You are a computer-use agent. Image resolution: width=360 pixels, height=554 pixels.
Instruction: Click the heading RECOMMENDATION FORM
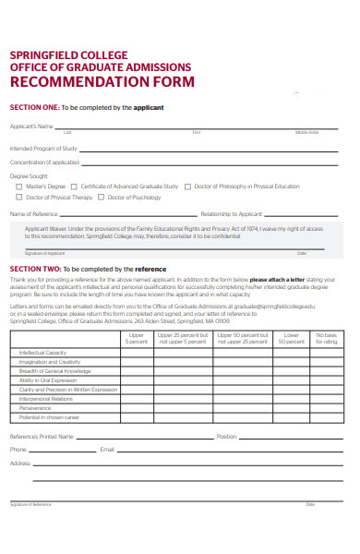point(102,82)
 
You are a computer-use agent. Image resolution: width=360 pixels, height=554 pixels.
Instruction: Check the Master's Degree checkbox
point(19,187)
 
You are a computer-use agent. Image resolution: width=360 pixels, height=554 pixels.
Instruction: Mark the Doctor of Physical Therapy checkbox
point(19,198)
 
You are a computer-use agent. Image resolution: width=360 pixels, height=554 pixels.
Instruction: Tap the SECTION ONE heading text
point(33,107)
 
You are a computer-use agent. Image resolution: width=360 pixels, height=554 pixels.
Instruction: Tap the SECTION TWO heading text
point(34,268)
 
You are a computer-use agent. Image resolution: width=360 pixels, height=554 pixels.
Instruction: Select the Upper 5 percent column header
point(136,338)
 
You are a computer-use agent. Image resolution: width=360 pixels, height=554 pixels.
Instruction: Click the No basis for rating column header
point(326,338)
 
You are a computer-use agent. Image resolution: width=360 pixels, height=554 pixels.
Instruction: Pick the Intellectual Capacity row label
point(42,352)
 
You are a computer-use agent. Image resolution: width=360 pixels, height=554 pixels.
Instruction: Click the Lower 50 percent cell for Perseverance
point(291,408)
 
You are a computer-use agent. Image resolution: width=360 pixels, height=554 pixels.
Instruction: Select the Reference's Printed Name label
point(43,436)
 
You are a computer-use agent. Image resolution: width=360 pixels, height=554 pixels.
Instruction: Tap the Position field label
point(226,436)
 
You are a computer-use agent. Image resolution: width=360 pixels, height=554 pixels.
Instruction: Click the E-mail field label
point(107,449)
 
